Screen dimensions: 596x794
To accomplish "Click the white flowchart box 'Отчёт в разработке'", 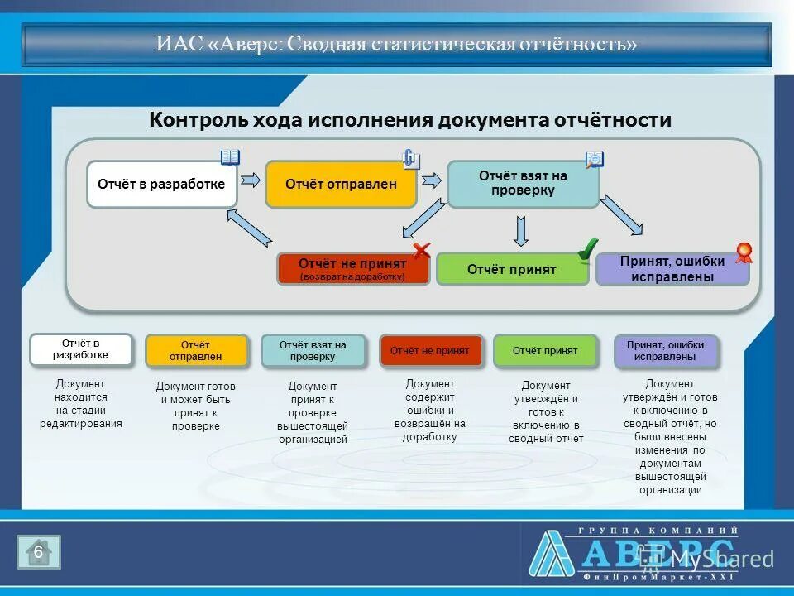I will point(161,184).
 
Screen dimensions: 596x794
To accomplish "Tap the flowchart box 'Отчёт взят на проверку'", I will point(523,184).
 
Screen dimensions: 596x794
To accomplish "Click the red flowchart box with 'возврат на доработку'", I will point(352,269).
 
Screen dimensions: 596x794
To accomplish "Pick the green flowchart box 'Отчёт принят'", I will point(512,269).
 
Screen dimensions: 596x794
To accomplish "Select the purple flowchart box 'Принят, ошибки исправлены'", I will point(672,269).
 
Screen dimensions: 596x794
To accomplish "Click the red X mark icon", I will point(422,250).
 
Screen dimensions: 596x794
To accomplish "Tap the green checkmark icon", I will point(587,248).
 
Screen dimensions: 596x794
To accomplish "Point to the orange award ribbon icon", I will point(744,252).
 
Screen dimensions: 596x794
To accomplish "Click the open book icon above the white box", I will point(230,157).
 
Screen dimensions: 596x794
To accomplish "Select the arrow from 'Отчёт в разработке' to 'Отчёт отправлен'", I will point(251,180).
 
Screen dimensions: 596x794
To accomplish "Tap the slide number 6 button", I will point(38,552).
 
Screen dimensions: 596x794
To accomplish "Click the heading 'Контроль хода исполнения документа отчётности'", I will point(410,120).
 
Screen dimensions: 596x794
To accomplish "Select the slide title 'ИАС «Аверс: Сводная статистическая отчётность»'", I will point(397,44).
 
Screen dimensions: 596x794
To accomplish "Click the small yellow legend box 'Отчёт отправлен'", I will point(196,351).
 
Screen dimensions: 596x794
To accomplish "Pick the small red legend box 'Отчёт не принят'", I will point(428,351).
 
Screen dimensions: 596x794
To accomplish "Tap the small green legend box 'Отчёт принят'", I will point(544,351).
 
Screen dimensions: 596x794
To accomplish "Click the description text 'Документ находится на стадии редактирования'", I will point(81,404).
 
